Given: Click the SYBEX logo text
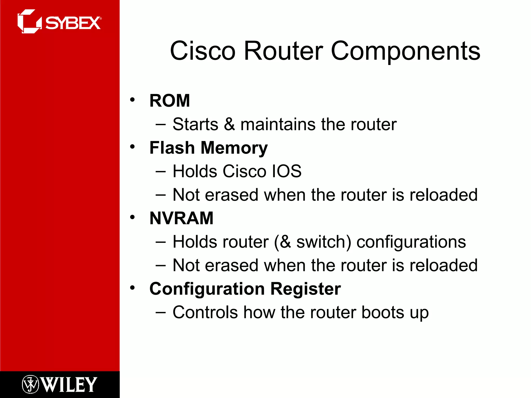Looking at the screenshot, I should click(73, 23).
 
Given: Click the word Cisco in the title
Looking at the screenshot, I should click(202, 51).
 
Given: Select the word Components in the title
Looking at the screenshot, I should click(406, 51).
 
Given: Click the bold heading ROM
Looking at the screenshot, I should click(170, 101).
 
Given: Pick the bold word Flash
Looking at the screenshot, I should click(172, 148).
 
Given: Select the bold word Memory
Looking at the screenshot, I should click(234, 148).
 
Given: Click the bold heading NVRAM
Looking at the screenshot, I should click(181, 218).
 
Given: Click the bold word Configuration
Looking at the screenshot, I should click(207, 289).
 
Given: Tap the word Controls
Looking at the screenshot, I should click(205, 312).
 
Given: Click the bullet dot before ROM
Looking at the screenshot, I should click(132, 100).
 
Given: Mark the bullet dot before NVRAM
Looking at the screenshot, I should click(132, 217).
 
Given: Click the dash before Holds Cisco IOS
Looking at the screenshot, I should click(160, 171).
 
